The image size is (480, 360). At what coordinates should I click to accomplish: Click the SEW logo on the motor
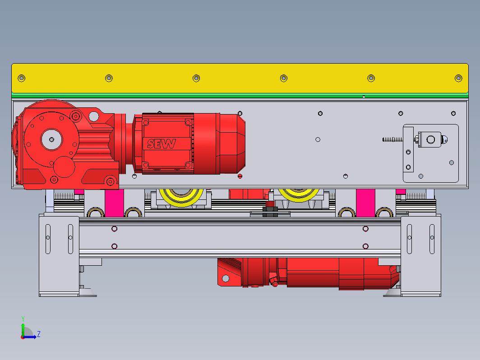162,143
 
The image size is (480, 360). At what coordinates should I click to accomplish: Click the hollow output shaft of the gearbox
51,139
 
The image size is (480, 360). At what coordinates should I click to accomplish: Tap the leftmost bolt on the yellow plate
22,78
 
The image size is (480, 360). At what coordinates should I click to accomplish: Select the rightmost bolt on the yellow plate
458,78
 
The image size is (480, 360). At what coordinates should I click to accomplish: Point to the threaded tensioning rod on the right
393,139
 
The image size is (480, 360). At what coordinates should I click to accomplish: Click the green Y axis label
23,319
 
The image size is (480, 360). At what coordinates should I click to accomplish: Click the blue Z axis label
39,334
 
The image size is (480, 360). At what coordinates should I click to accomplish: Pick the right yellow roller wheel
299,195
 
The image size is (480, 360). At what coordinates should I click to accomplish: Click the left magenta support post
114,203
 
